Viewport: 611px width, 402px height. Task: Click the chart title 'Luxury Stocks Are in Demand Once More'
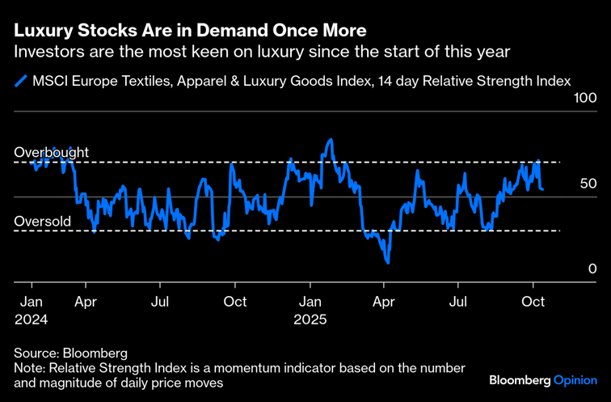190,31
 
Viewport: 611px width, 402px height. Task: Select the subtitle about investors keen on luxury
261,52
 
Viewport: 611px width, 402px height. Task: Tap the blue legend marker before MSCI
20,81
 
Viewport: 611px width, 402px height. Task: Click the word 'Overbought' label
51,152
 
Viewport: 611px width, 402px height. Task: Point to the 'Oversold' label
43,221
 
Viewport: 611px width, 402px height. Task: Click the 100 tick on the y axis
584,99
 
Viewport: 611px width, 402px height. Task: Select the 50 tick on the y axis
588,184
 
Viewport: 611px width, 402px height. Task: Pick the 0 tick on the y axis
592,269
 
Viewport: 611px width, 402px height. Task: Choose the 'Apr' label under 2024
86,303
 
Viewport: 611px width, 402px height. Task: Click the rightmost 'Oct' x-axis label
533,303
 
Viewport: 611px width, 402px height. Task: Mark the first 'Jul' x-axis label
160,303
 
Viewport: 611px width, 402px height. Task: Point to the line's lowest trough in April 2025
389,262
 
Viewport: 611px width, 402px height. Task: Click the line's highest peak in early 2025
331,140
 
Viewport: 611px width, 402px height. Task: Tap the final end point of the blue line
541,189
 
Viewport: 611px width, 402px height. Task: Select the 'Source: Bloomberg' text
70,353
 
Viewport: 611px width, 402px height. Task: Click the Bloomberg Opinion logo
543,380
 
